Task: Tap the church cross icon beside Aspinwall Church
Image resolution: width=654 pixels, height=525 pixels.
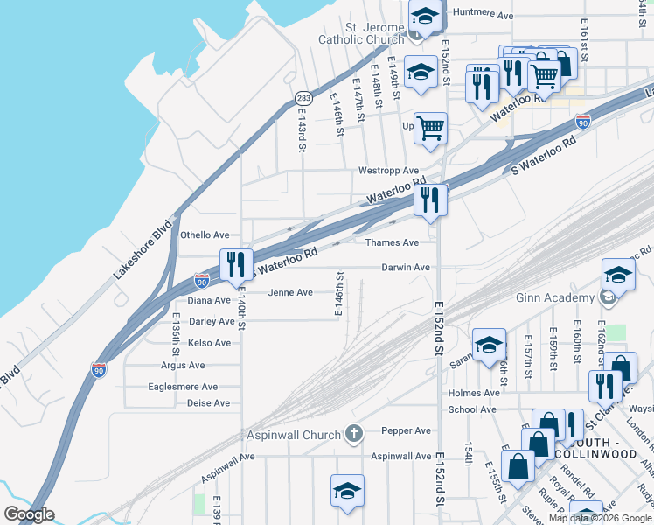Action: coord(353,433)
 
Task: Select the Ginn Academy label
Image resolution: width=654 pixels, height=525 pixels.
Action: coord(556,298)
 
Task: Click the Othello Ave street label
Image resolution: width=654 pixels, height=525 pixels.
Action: coord(205,235)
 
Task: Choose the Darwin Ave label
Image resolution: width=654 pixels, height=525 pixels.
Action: coord(406,267)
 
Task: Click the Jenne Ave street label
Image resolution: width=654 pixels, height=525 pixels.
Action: coord(290,292)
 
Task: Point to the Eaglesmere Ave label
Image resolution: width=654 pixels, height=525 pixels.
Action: coord(183,387)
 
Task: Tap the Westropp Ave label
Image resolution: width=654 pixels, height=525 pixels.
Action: coord(388,171)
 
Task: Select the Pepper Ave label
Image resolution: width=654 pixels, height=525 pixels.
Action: coord(406,430)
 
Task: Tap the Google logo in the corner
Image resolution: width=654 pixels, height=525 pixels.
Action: coord(29,514)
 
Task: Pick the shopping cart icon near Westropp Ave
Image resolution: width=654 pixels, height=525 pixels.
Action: coord(430,128)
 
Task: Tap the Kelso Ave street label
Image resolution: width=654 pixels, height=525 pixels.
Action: coord(209,343)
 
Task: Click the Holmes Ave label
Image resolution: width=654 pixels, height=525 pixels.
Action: coord(473,393)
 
